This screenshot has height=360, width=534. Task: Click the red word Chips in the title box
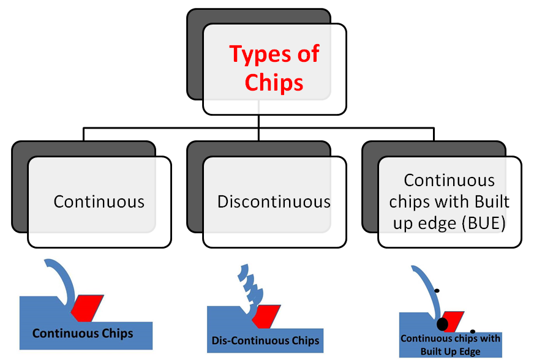click(274, 82)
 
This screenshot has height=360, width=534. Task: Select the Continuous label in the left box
click(99, 201)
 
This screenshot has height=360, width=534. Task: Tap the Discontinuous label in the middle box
click(274, 201)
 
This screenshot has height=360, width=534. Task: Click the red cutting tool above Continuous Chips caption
click(86, 307)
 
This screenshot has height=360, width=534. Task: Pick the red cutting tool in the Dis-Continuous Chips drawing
click(266, 315)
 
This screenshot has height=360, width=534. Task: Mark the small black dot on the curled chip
click(437, 290)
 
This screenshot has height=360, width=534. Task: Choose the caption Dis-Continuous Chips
click(265, 340)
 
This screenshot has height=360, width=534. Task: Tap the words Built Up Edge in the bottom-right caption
click(450, 351)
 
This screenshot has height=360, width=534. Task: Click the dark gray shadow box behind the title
click(194, 61)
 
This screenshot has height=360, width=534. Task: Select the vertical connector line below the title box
click(258, 121)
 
